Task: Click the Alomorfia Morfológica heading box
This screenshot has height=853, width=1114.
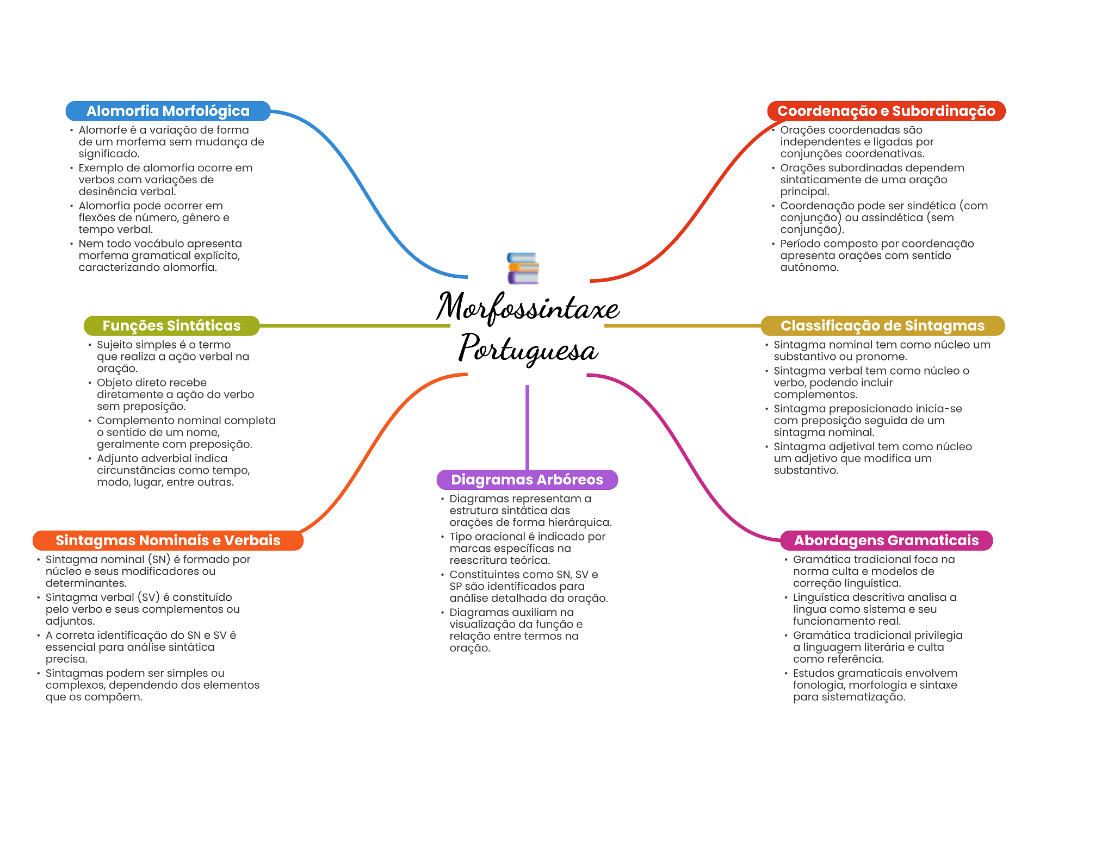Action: (x=168, y=111)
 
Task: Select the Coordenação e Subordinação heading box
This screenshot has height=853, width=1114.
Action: (x=886, y=111)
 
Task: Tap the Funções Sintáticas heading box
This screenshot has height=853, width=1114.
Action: (x=172, y=326)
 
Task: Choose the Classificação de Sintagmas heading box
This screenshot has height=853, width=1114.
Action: (x=882, y=326)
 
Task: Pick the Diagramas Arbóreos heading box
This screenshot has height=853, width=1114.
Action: (x=527, y=480)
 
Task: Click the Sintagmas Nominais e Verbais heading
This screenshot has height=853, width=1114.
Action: (x=168, y=540)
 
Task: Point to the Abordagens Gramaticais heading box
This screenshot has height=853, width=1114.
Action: (x=886, y=540)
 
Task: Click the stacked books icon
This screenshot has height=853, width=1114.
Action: (x=523, y=268)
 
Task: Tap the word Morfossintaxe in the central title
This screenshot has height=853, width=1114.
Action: (x=528, y=308)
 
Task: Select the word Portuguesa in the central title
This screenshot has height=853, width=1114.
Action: (x=528, y=349)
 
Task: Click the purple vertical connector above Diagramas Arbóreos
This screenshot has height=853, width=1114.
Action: (x=527, y=427)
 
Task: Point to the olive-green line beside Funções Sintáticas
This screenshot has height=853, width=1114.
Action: (x=355, y=326)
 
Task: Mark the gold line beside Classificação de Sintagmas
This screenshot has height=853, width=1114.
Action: (x=683, y=326)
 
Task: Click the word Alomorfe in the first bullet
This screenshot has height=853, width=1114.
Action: (x=103, y=130)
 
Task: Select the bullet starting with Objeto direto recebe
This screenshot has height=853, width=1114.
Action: (x=175, y=394)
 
